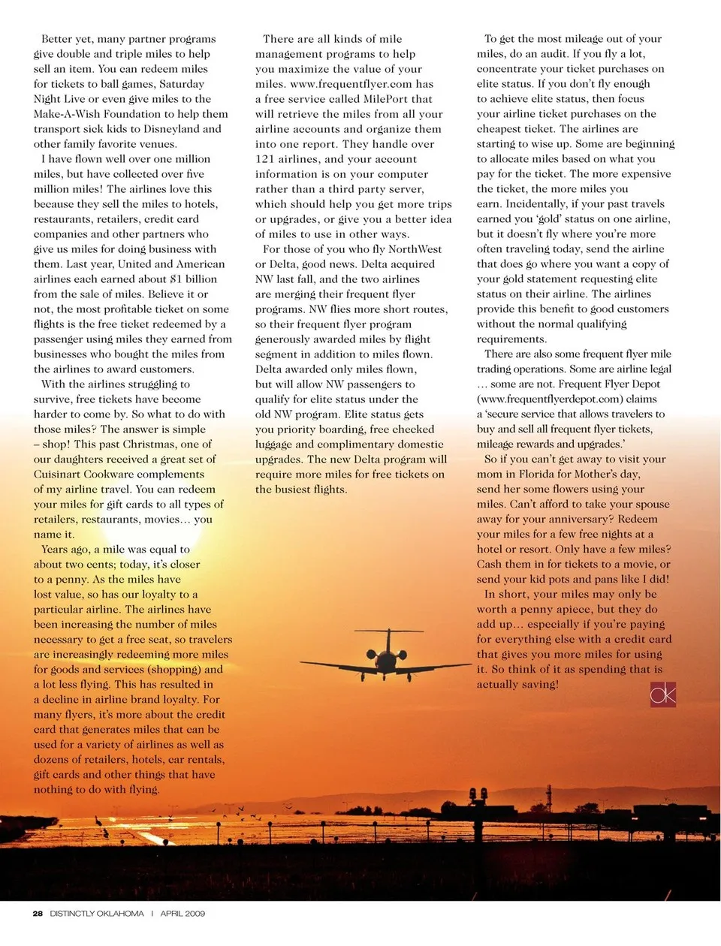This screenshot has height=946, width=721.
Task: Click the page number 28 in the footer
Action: [38, 914]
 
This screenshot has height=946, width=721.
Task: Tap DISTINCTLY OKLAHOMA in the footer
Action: [97, 914]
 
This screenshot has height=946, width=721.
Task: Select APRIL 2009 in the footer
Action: [183, 914]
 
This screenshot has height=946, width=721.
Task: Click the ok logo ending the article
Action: [662, 694]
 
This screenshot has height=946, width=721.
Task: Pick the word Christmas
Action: [150, 444]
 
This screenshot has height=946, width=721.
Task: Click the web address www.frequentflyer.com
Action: [351, 84]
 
